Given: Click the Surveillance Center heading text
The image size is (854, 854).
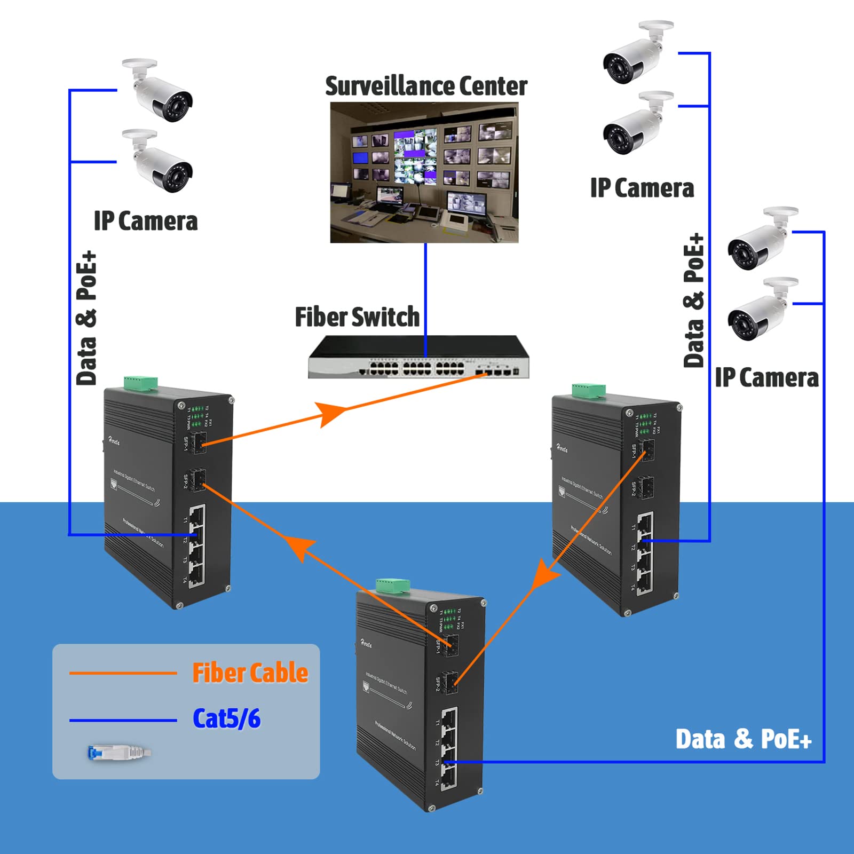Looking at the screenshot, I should [426, 86].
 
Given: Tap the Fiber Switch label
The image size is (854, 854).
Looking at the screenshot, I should [357, 317].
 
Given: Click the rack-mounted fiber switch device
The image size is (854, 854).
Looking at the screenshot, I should [418, 357].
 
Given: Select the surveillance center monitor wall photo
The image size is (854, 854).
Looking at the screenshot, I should [424, 172].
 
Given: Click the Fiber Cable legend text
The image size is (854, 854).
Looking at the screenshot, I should [250, 673].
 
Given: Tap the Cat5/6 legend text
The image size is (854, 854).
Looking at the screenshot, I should [226, 718].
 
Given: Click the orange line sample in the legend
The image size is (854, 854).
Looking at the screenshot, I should [123, 674].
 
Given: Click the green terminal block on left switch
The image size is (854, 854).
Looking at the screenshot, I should [141, 383].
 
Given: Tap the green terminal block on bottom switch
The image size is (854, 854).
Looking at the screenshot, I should [393, 586].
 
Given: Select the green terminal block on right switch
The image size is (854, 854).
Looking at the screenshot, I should [588, 390].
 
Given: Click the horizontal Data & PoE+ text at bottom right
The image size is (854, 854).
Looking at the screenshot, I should [743, 740].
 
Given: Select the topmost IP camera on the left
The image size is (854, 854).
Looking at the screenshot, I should [159, 91].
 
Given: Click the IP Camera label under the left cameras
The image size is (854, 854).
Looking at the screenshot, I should [146, 221].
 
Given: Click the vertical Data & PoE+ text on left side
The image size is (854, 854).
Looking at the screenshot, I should [86, 318].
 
